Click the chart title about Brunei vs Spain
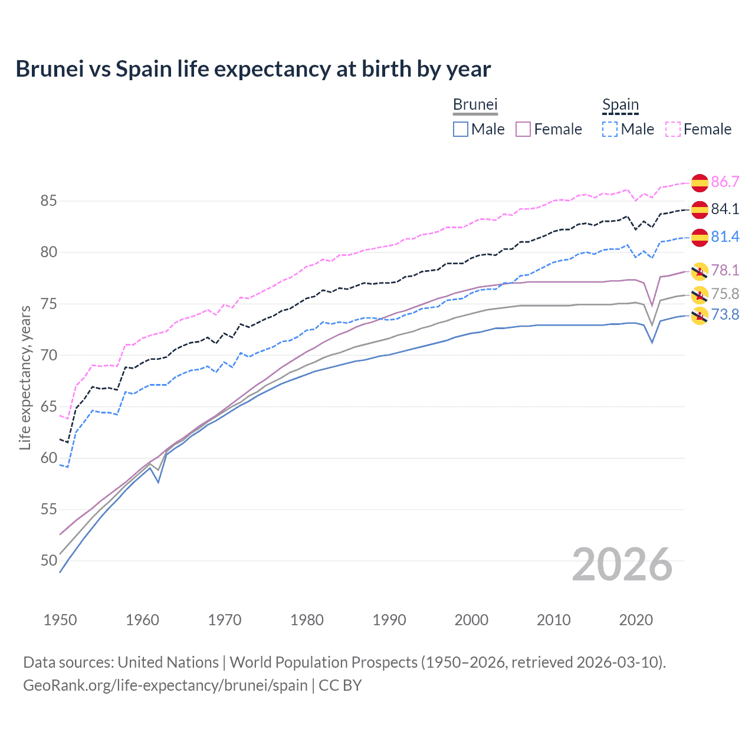253,69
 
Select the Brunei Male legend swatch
461,129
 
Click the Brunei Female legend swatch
523,129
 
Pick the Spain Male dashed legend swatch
610,129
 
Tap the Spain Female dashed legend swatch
673,129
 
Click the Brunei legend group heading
475,104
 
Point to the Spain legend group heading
621,105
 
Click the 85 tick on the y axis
48,201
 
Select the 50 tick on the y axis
48,561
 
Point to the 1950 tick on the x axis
60,620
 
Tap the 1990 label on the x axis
389,620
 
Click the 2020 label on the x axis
636,620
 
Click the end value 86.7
725,182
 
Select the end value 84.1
725,209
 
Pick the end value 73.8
725,315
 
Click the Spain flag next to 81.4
700,237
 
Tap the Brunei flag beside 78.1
700,271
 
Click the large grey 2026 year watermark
622,565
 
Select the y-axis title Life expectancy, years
25,377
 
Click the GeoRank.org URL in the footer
165,685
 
